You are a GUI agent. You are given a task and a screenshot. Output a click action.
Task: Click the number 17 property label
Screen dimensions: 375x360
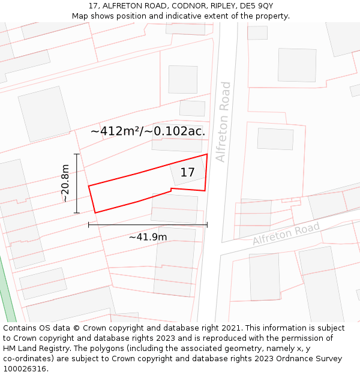coord(187,172)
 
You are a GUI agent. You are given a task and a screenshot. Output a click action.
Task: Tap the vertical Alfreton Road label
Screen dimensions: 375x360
coord(223,122)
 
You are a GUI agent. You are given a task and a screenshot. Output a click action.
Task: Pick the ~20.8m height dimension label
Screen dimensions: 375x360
coord(65,183)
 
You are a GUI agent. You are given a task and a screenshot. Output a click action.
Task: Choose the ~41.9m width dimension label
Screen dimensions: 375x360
coord(148,237)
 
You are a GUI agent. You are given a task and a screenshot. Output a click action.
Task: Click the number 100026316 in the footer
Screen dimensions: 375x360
coord(25,369)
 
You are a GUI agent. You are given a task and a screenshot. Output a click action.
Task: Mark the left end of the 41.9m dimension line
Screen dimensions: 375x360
coord(89,225)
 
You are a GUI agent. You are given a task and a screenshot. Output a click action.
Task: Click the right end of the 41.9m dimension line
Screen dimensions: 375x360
coord(207,225)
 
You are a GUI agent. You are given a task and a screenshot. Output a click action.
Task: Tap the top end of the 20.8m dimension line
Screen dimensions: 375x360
coord(77,154)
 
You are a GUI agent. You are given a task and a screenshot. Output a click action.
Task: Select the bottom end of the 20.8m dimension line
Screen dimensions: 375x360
coord(77,213)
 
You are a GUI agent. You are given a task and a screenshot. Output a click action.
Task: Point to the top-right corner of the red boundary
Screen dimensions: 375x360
coord(207,154)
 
